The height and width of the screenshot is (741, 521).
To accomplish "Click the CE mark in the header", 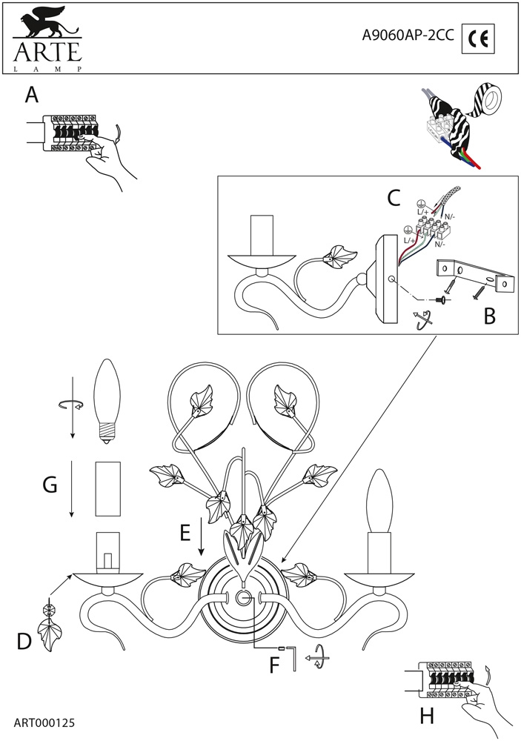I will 478,39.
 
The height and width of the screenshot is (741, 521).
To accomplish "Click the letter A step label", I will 31,95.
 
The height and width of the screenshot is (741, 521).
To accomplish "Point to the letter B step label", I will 488,316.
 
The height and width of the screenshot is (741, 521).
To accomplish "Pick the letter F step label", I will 274,665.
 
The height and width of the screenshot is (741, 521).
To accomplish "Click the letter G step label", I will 50,485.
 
